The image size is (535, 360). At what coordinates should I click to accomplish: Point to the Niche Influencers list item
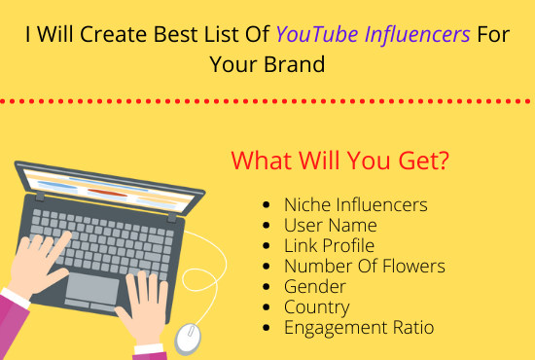(355, 204)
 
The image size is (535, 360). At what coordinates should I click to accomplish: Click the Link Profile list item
(329, 245)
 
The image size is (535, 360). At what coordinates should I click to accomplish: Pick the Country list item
(317, 306)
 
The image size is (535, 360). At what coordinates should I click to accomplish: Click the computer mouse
(188, 337)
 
